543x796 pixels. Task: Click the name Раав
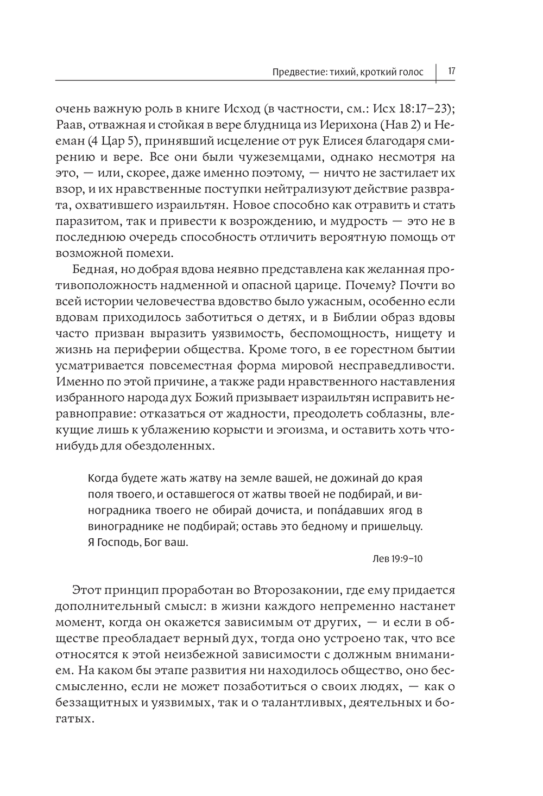[x=68, y=125]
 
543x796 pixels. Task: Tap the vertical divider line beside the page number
[x=437, y=73]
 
